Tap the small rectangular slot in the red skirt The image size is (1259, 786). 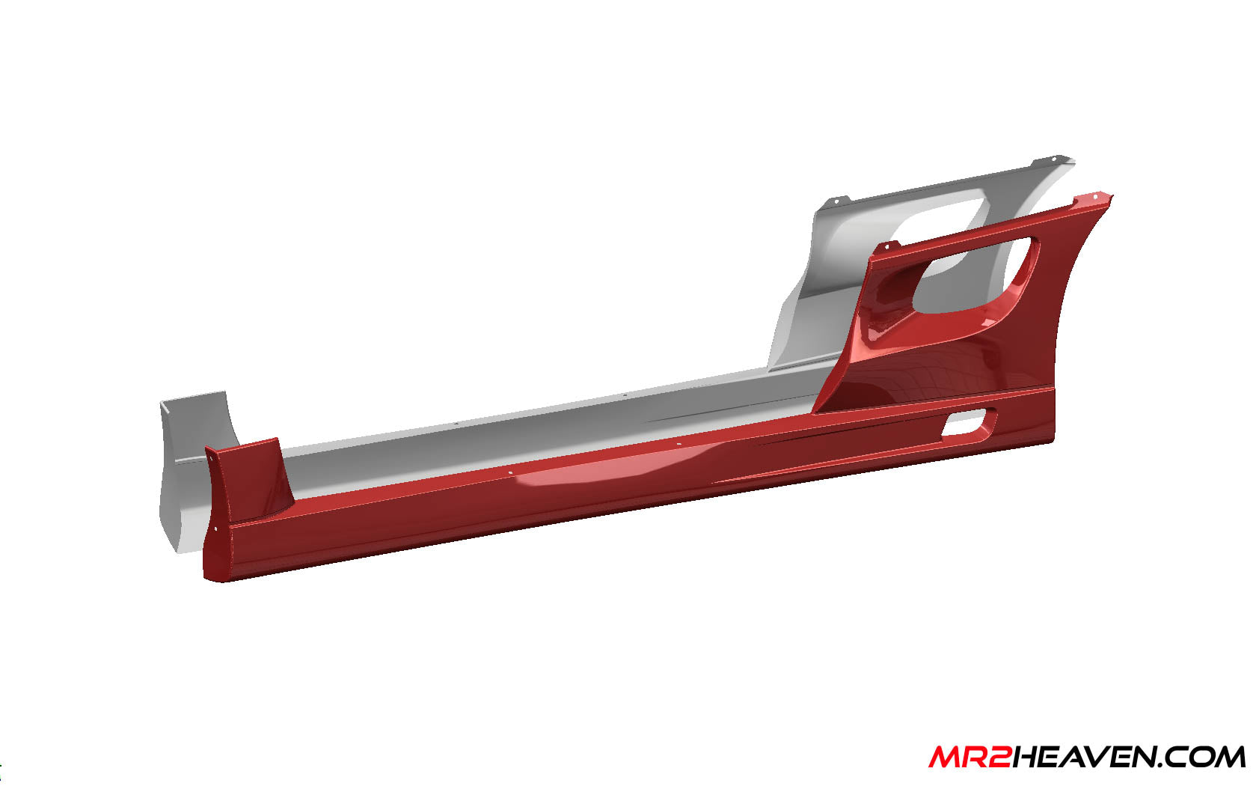[969, 423]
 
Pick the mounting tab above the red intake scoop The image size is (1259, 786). [888, 246]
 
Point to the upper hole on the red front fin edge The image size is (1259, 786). [209, 452]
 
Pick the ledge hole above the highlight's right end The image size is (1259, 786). [678, 445]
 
